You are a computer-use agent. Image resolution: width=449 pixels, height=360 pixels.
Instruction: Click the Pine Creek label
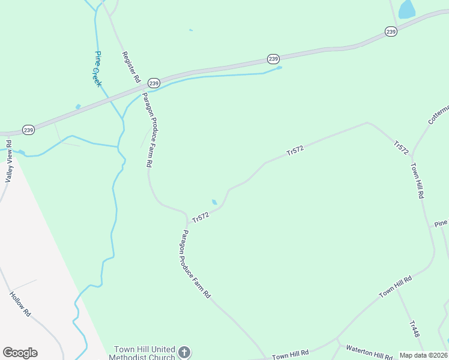pyautogui.click(x=98, y=69)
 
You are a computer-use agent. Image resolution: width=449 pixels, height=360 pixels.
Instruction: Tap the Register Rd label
pyautogui.click(x=131, y=67)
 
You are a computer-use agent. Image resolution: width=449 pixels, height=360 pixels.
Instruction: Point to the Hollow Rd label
pyautogui.click(x=20, y=304)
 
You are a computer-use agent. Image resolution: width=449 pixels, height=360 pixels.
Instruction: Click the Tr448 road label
pyautogui.click(x=414, y=329)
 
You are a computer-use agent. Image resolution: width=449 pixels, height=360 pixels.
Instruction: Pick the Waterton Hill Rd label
pyautogui.click(x=368, y=352)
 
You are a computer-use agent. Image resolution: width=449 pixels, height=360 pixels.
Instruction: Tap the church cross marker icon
pyautogui.click(x=184, y=352)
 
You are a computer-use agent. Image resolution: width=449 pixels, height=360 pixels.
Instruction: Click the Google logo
pyautogui.click(x=20, y=353)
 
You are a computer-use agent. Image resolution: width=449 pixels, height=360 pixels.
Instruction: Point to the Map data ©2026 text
pyautogui.click(x=423, y=355)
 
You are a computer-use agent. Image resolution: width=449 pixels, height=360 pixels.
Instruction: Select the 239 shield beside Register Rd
pyautogui.click(x=154, y=83)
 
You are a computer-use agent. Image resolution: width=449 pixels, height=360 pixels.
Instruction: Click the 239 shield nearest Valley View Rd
pyautogui.click(x=29, y=130)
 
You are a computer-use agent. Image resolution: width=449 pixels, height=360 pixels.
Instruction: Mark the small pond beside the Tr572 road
pyautogui.click(x=214, y=202)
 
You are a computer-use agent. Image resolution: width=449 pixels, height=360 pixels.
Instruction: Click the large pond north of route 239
pyautogui.click(x=407, y=9)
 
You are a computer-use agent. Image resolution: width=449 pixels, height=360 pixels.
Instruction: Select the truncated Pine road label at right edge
pyautogui.click(x=441, y=223)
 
